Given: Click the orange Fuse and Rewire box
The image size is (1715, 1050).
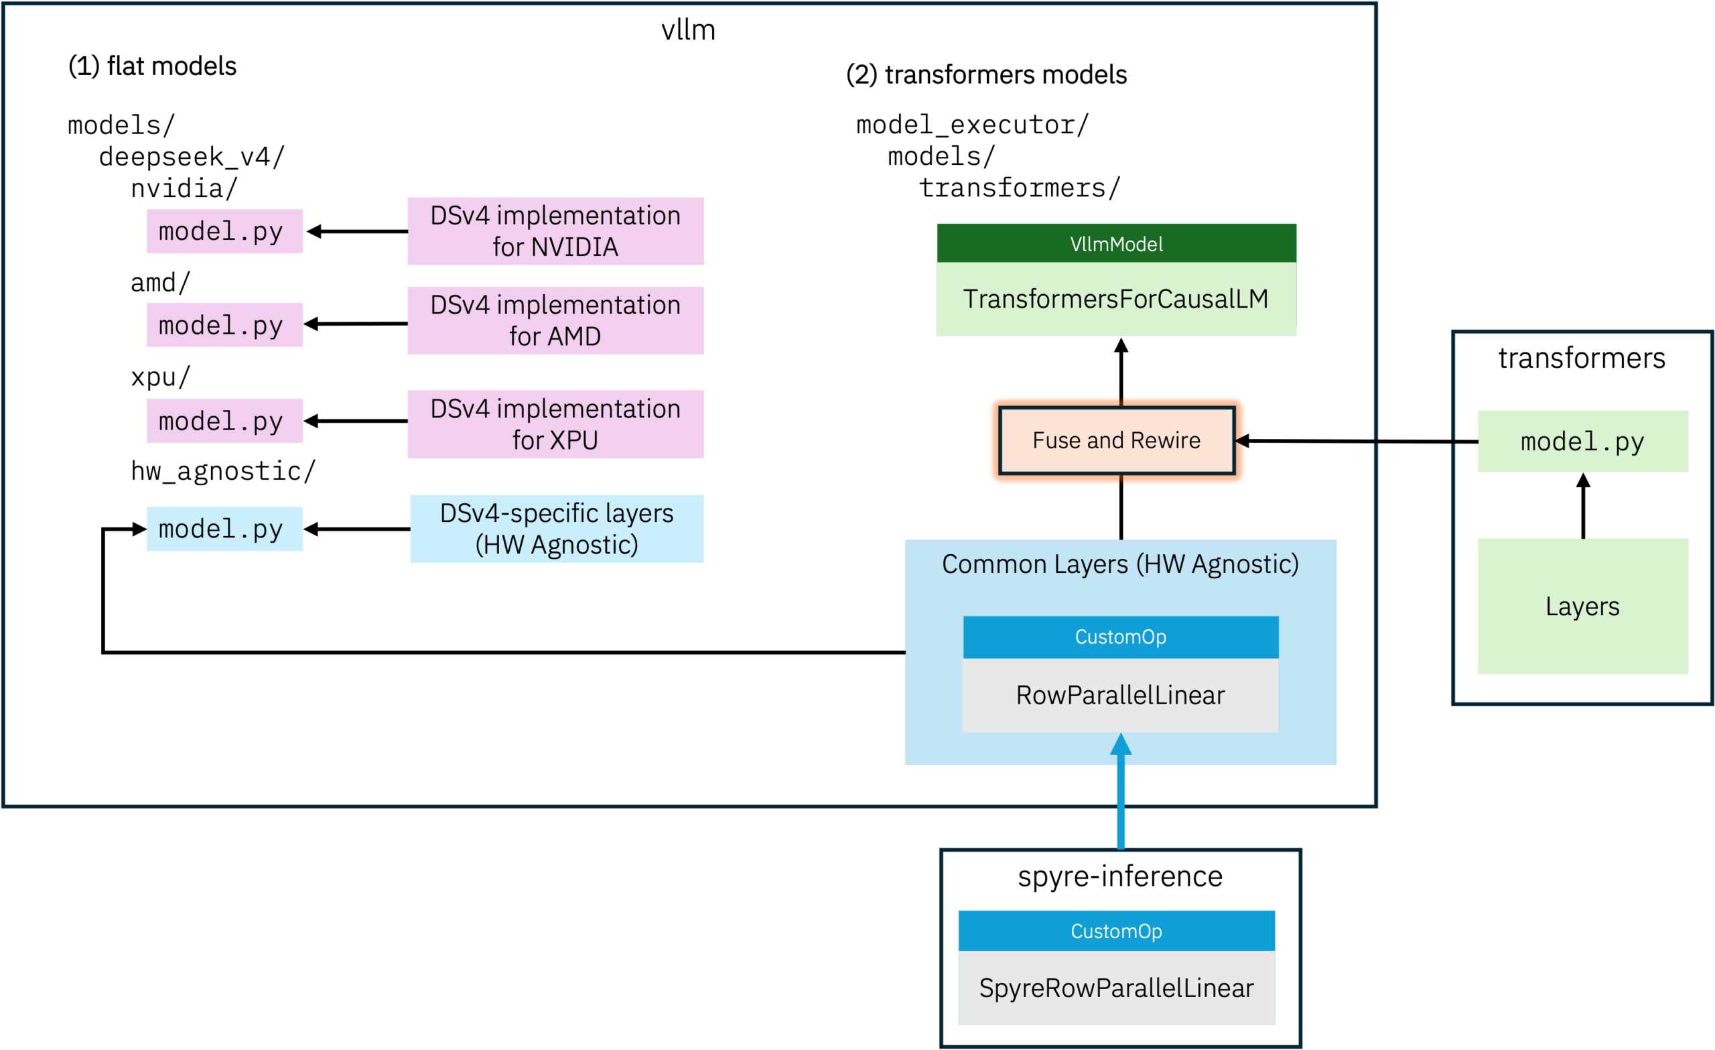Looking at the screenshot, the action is pyautogui.click(x=1116, y=440).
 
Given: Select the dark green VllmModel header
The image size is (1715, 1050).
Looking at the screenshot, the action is pyautogui.click(x=1116, y=243).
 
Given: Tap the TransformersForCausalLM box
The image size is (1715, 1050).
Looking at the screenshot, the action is pyautogui.click(x=1116, y=299).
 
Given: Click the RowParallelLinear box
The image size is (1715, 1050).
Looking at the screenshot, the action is pyautogui.click(x=1121, y=695).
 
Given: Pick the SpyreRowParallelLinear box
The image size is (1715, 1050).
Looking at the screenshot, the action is pyautogui.click(x=1116, y=987).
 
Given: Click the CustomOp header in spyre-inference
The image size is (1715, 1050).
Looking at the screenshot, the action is pyautogui.click(x=1116, y=931).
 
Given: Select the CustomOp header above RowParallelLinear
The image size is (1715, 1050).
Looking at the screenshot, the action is pyautogui.click(x=1121, y=637).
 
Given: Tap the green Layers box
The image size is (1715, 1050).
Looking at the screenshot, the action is pyautogui.click(x=1583, y=606).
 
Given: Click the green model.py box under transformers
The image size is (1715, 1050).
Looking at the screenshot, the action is pyautogui.click(x=1583, y=442).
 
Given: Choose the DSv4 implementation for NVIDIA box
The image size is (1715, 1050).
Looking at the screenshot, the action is pyautogui.click(x=555, y=231).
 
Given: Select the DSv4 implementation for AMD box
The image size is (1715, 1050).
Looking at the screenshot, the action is pyautogui.click(x=555, y=320).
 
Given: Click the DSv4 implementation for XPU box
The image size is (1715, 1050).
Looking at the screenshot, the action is pyautogui.click(x=555, y=424).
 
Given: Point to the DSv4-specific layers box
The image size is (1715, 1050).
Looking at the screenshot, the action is pyautogui.click(x=557, y=529).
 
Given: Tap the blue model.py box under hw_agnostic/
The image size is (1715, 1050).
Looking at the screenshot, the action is pyautogui.click(x=224, y=529).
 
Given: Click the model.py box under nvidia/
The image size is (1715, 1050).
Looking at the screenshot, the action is pyautogui.click(x=224, y=231).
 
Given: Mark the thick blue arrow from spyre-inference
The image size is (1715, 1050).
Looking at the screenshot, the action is pyautogui.click(x=1121, y=791).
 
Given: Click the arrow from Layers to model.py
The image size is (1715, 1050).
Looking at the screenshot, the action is pyautogui.click(x=1584, y=505).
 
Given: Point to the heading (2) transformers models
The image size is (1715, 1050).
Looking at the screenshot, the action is pyautogui.click(x=986, y=74).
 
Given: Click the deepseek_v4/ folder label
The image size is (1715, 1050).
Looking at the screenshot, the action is pyautogui.click(x=192, y=157).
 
